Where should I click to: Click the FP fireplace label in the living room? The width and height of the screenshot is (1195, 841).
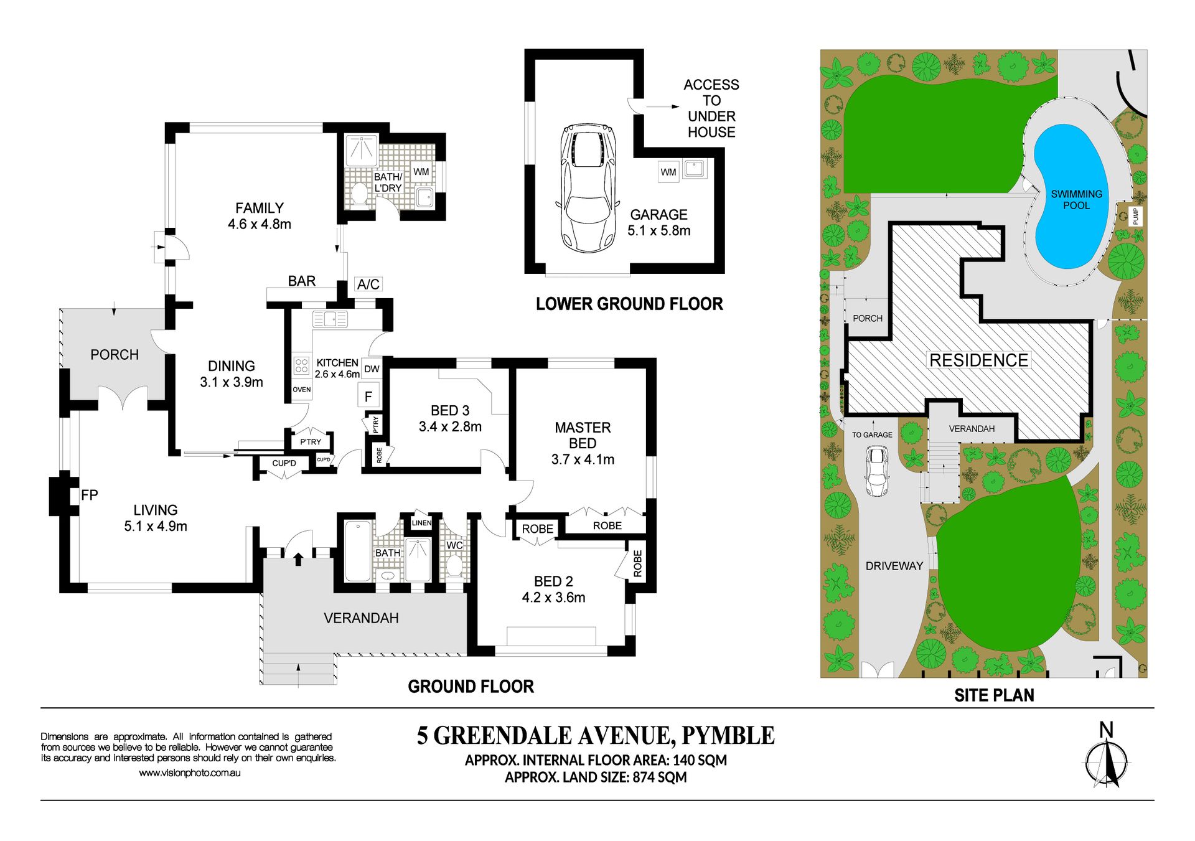tap(90, 495)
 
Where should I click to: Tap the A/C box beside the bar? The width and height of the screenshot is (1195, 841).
tap(368, 284)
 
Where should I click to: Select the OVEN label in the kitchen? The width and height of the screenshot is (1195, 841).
tap(302, 390)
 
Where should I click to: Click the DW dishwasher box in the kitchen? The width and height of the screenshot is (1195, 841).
tap(372, 369)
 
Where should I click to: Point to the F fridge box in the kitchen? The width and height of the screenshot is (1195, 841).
tap(368, 396)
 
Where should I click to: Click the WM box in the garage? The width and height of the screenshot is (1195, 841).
tap(668, 172)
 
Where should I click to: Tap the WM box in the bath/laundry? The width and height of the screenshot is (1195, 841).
tap(421, 171)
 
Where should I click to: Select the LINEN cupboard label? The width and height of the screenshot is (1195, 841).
tap(421, 523)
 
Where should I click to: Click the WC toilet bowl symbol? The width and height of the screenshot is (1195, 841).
tap(455, 566)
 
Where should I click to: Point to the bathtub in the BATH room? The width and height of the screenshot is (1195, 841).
tap(358, 550)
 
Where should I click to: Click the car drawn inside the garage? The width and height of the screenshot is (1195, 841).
tap(588, 187)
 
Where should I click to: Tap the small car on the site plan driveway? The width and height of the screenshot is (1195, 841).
tap(876, 471)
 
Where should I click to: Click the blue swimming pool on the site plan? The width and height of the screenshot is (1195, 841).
tap(1071, 194)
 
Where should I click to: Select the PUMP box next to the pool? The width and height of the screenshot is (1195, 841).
tap(1135, 215)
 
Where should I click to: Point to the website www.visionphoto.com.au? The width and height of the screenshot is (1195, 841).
tap(190, 773)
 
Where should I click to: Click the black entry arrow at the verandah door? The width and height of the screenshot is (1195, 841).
tap(298, 558)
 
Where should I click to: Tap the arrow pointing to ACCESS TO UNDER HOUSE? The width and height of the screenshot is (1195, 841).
tap(663, 107)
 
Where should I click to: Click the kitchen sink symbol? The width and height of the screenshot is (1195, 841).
tap(330, 319)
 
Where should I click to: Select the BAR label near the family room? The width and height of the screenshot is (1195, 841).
tap(302, 281)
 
